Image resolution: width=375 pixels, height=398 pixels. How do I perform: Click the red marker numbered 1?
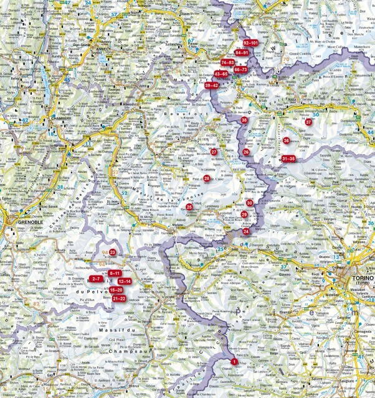point(234,362)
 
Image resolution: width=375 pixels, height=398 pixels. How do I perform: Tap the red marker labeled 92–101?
point(255,42)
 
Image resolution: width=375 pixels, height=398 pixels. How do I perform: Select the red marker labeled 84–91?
point(240,53)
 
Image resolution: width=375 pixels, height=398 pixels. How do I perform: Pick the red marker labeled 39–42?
point(211,85)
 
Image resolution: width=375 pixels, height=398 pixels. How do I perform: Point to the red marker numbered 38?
point(244,120)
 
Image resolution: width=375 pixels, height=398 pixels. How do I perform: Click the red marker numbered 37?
point(308,123)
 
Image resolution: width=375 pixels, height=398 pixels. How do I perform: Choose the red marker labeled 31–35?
point(288,159)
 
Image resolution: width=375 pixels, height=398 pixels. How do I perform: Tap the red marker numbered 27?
point(214,152)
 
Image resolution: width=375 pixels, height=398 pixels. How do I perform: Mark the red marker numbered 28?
point(207,178)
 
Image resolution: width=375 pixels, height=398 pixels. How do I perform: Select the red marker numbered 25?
point(189,206)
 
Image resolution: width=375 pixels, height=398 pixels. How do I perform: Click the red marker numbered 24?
point(246,231)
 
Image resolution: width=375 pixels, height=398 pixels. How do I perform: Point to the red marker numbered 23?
point(113,252)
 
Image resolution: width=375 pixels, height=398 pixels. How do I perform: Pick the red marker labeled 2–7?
point(95,278)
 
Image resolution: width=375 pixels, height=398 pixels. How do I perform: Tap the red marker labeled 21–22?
point(119,299)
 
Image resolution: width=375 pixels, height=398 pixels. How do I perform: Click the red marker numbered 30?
point(249,203)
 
